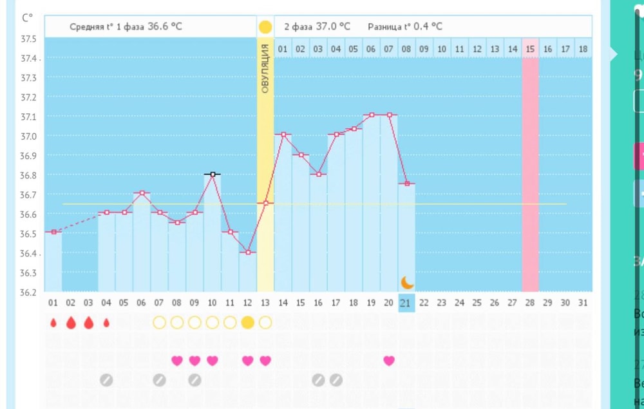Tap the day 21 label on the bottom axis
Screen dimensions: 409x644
click(406, 303)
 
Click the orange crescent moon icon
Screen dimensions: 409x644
click(407, 282)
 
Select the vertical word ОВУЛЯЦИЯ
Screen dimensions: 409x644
click(265, 69)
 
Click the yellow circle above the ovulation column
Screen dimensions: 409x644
click(265, 27)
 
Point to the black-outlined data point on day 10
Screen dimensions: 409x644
click(213, 174)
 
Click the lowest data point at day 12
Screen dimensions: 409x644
click(248, 252)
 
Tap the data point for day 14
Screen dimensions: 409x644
click(283, 134)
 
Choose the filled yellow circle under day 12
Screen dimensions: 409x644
click(248, 323)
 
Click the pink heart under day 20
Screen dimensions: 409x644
click(388, 361)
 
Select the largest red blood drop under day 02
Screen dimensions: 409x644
click(71, 323)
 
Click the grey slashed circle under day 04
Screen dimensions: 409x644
click(106, 380)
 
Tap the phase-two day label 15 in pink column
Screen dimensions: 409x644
click(530, 48)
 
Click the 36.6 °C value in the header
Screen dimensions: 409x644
click(165, 26)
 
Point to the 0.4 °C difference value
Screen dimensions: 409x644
click(428, 26)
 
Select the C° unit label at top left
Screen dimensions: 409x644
click(27, 18)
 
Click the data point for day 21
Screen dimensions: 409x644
click(406, 184)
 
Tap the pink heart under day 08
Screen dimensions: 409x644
click(177, 361)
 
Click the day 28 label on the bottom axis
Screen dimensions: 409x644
click(529, 303)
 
